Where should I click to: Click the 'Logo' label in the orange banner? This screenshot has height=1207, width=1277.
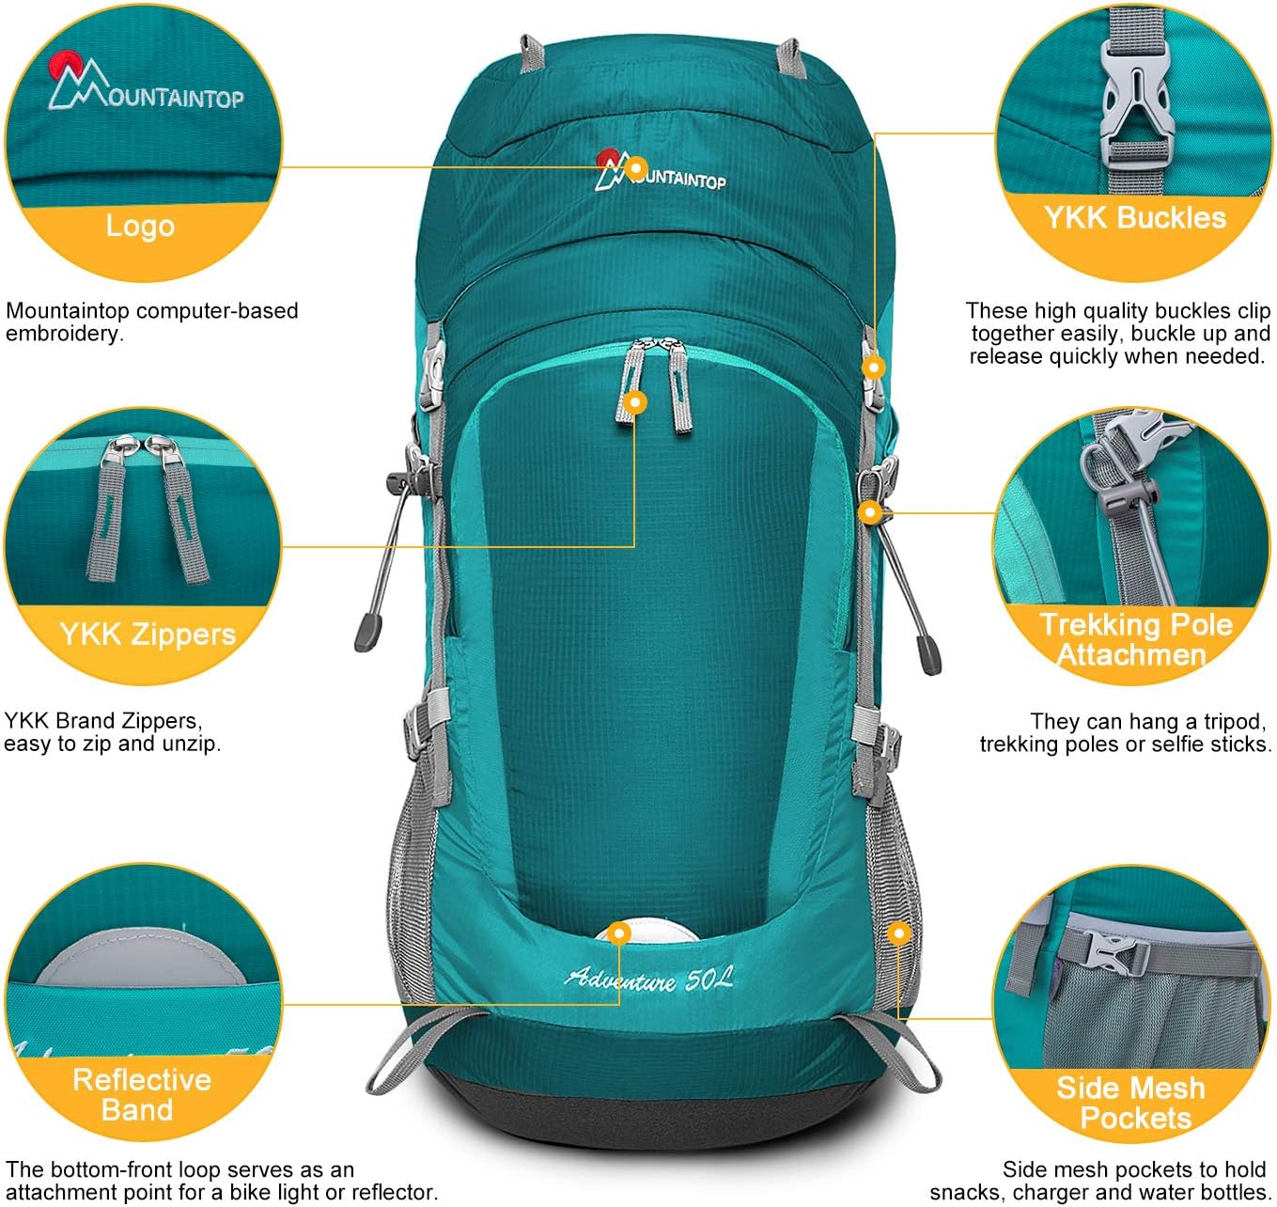pyautogui.click(x=140, y=227)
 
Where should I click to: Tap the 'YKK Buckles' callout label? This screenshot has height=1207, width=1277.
pyautogui.click(x=1134, y=218)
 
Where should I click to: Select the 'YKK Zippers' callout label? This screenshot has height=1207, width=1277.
pyautogui.click(x=147, y=635)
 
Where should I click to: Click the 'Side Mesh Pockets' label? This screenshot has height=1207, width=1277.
pyautogui.click(x=1132, y=1103)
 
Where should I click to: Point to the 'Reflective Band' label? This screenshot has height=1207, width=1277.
pyautogui.click(x=141, y=1094)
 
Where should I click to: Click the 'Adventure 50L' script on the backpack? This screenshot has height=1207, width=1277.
pyautogui.click(x=648, y=980)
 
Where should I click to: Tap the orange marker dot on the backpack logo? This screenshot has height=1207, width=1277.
pyautogui.click(x=637, y=169)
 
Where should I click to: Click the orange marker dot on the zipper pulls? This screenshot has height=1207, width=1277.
pyautogui.click(x=636, y=402)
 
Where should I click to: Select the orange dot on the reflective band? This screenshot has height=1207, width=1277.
pyautogui.click(x=618, y=933)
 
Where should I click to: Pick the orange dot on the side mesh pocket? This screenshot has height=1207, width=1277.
pyautogui.click(x=899, y=933)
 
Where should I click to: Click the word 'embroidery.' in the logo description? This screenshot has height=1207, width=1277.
pyautogui.click(x=65, y=334)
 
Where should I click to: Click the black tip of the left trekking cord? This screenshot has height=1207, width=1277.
pyautogui.click(x=366, y=632)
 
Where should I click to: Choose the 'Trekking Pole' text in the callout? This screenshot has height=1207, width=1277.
pyautogui.click(x=1135, y=624)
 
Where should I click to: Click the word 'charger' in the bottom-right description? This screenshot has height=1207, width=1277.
pyautogui.click(x=1051, y=1193)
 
